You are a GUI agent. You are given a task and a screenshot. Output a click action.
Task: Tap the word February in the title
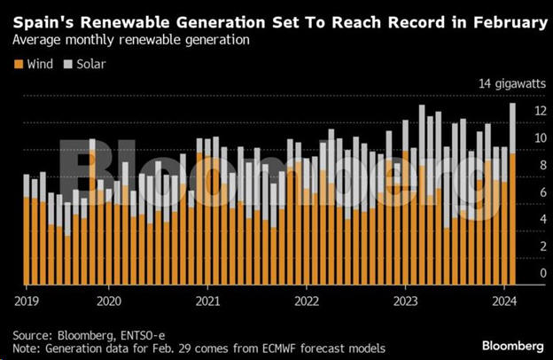[x=501, y=21]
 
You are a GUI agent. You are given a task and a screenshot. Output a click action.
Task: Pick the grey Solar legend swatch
[x=68, y=63]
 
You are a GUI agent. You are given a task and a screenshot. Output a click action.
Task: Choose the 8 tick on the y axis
[x=538, y=166]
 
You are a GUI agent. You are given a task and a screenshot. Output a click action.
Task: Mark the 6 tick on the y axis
[x=538, y=193]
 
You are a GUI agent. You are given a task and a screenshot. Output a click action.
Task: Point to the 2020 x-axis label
[x=108, y=299]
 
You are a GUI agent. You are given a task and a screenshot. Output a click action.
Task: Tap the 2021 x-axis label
[x=207, y=299]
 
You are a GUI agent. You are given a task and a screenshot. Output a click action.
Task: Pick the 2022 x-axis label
[x=307, y=299]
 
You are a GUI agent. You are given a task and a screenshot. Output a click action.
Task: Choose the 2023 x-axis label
[x=405, y=299]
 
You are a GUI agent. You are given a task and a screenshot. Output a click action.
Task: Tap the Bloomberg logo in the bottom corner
[x=513, y=344]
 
